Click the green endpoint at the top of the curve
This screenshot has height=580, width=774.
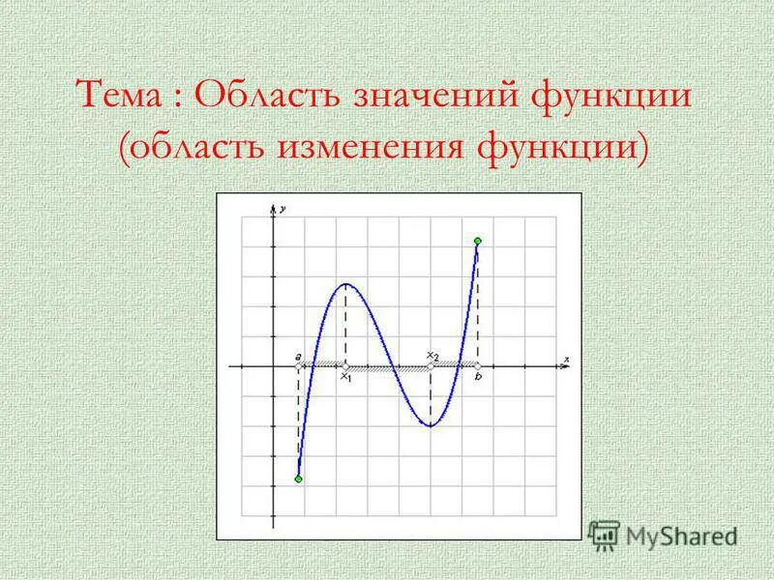tap(478, 240)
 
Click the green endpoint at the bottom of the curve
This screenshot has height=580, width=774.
tap(298, 479)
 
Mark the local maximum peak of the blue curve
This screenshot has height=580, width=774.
tap(346, 284)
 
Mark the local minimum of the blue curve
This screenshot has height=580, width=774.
tap(431, 425)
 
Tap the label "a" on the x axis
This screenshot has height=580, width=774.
tap(299, 357)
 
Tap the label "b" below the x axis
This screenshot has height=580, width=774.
tap(478, 378)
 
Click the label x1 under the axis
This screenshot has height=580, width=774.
tap(345, 378)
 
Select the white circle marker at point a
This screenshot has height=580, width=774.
tap(298, 366)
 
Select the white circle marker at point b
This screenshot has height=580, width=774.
tap(478, 366)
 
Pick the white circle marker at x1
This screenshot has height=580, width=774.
tap(346, 366)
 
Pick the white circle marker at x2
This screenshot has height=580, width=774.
tap(431, 366)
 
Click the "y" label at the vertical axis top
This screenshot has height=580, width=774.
tap(283, 209)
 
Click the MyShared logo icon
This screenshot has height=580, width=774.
tap(605, 534)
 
